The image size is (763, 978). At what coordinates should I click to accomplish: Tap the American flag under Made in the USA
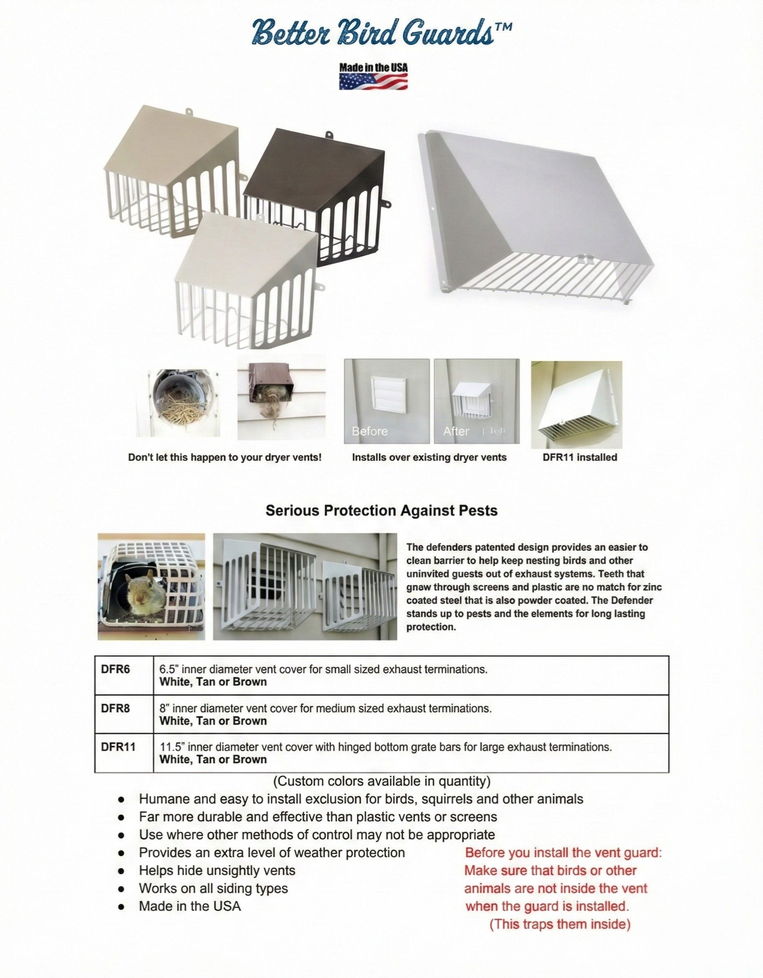tap(373, 81)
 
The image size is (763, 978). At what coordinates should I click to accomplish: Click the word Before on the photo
tap(369, 431)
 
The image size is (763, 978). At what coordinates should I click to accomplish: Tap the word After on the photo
tap(456, 431)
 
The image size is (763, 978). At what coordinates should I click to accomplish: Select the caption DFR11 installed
tap(579, 457)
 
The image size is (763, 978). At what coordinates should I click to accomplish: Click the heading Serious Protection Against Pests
tap(381, 510)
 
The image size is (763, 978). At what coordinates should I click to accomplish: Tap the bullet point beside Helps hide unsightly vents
tap(121, 871)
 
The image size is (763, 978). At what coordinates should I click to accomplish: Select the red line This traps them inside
tap(560, 924)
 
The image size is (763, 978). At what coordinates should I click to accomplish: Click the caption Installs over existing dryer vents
tap(429, 457)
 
